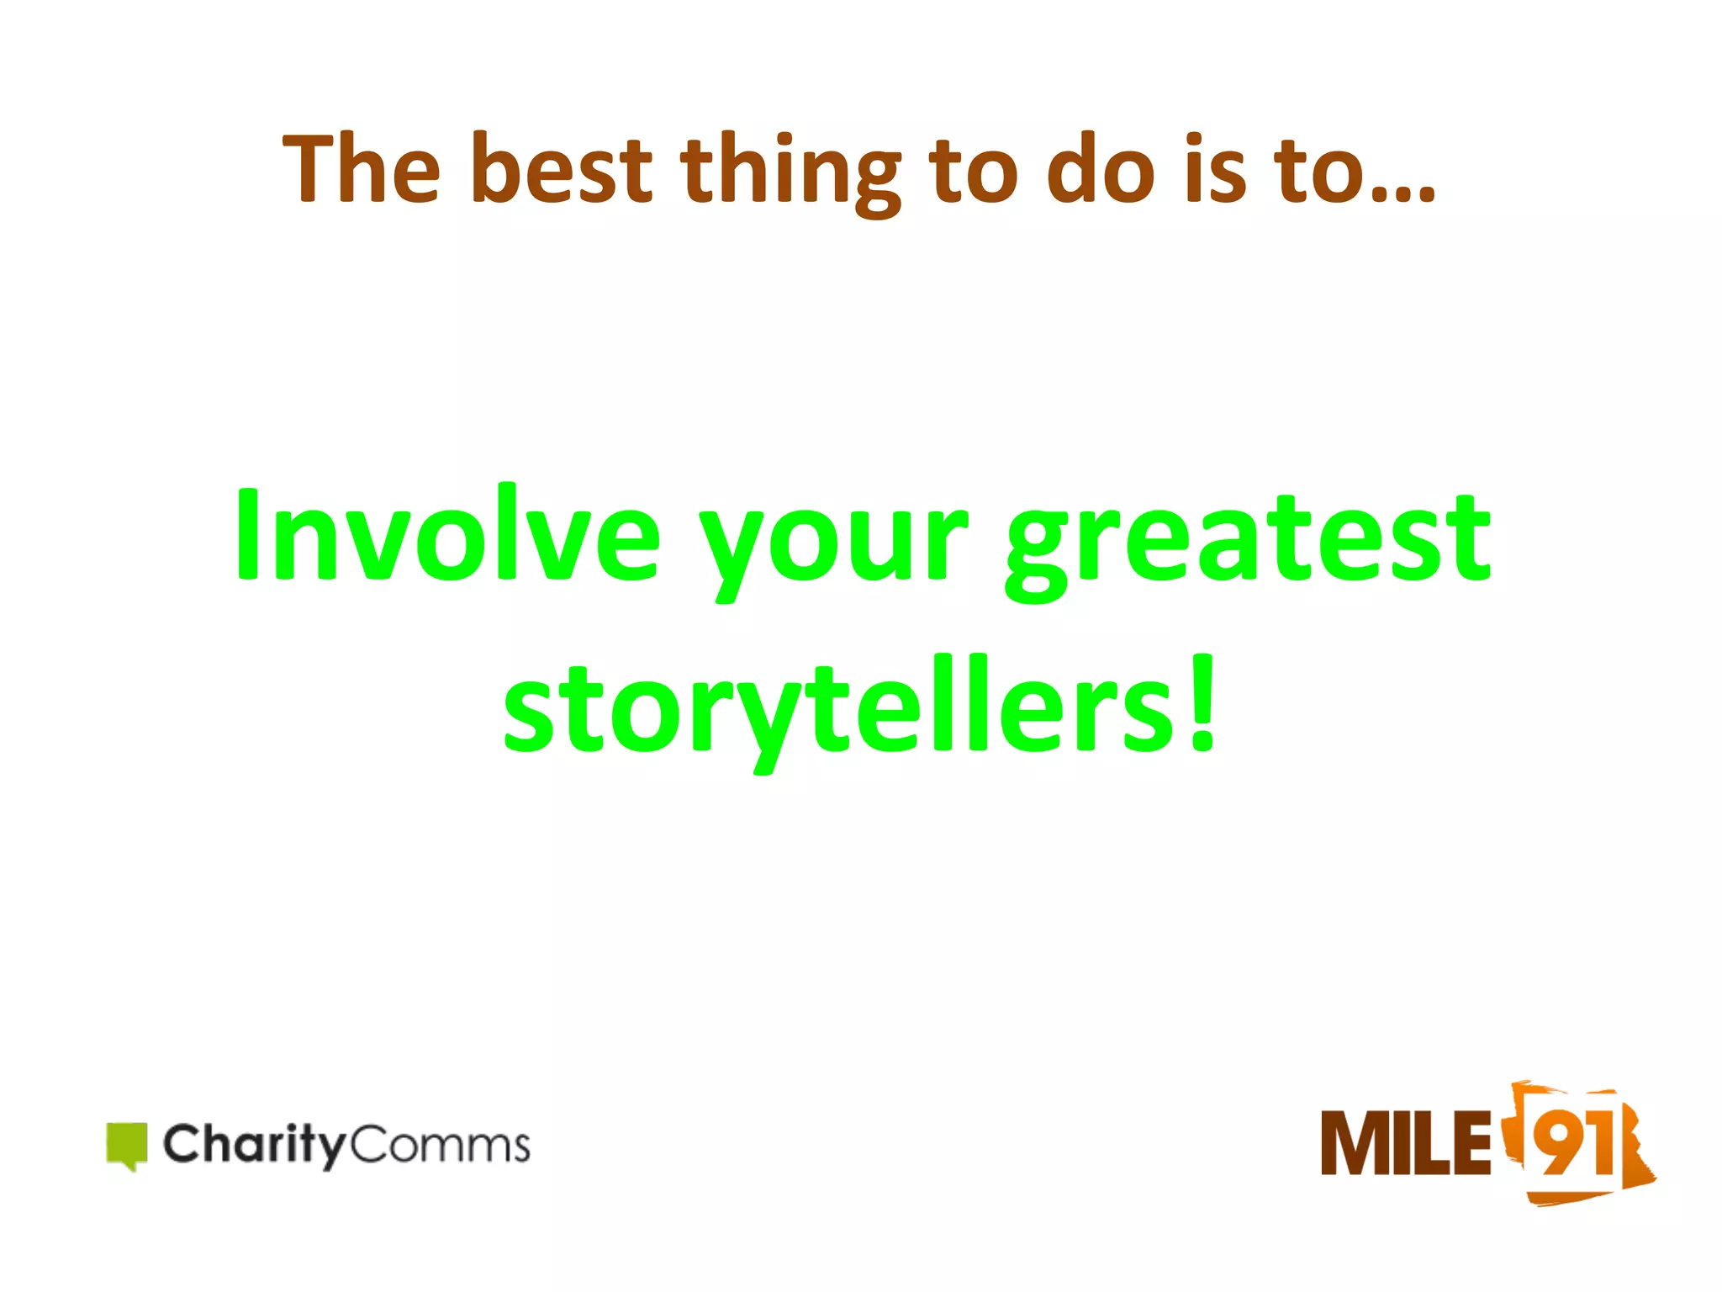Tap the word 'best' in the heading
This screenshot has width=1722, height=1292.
click(x=561, y=170)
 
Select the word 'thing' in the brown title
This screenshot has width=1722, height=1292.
click(x=790, y=172)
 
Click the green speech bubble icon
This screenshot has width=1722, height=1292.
click(x=127, y=1145)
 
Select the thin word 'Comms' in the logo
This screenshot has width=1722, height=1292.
click(x=438, y=1145)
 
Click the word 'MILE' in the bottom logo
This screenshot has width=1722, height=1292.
click(x=1405, y=1143)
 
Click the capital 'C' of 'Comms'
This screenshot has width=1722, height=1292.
click(x=368, y=1145)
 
